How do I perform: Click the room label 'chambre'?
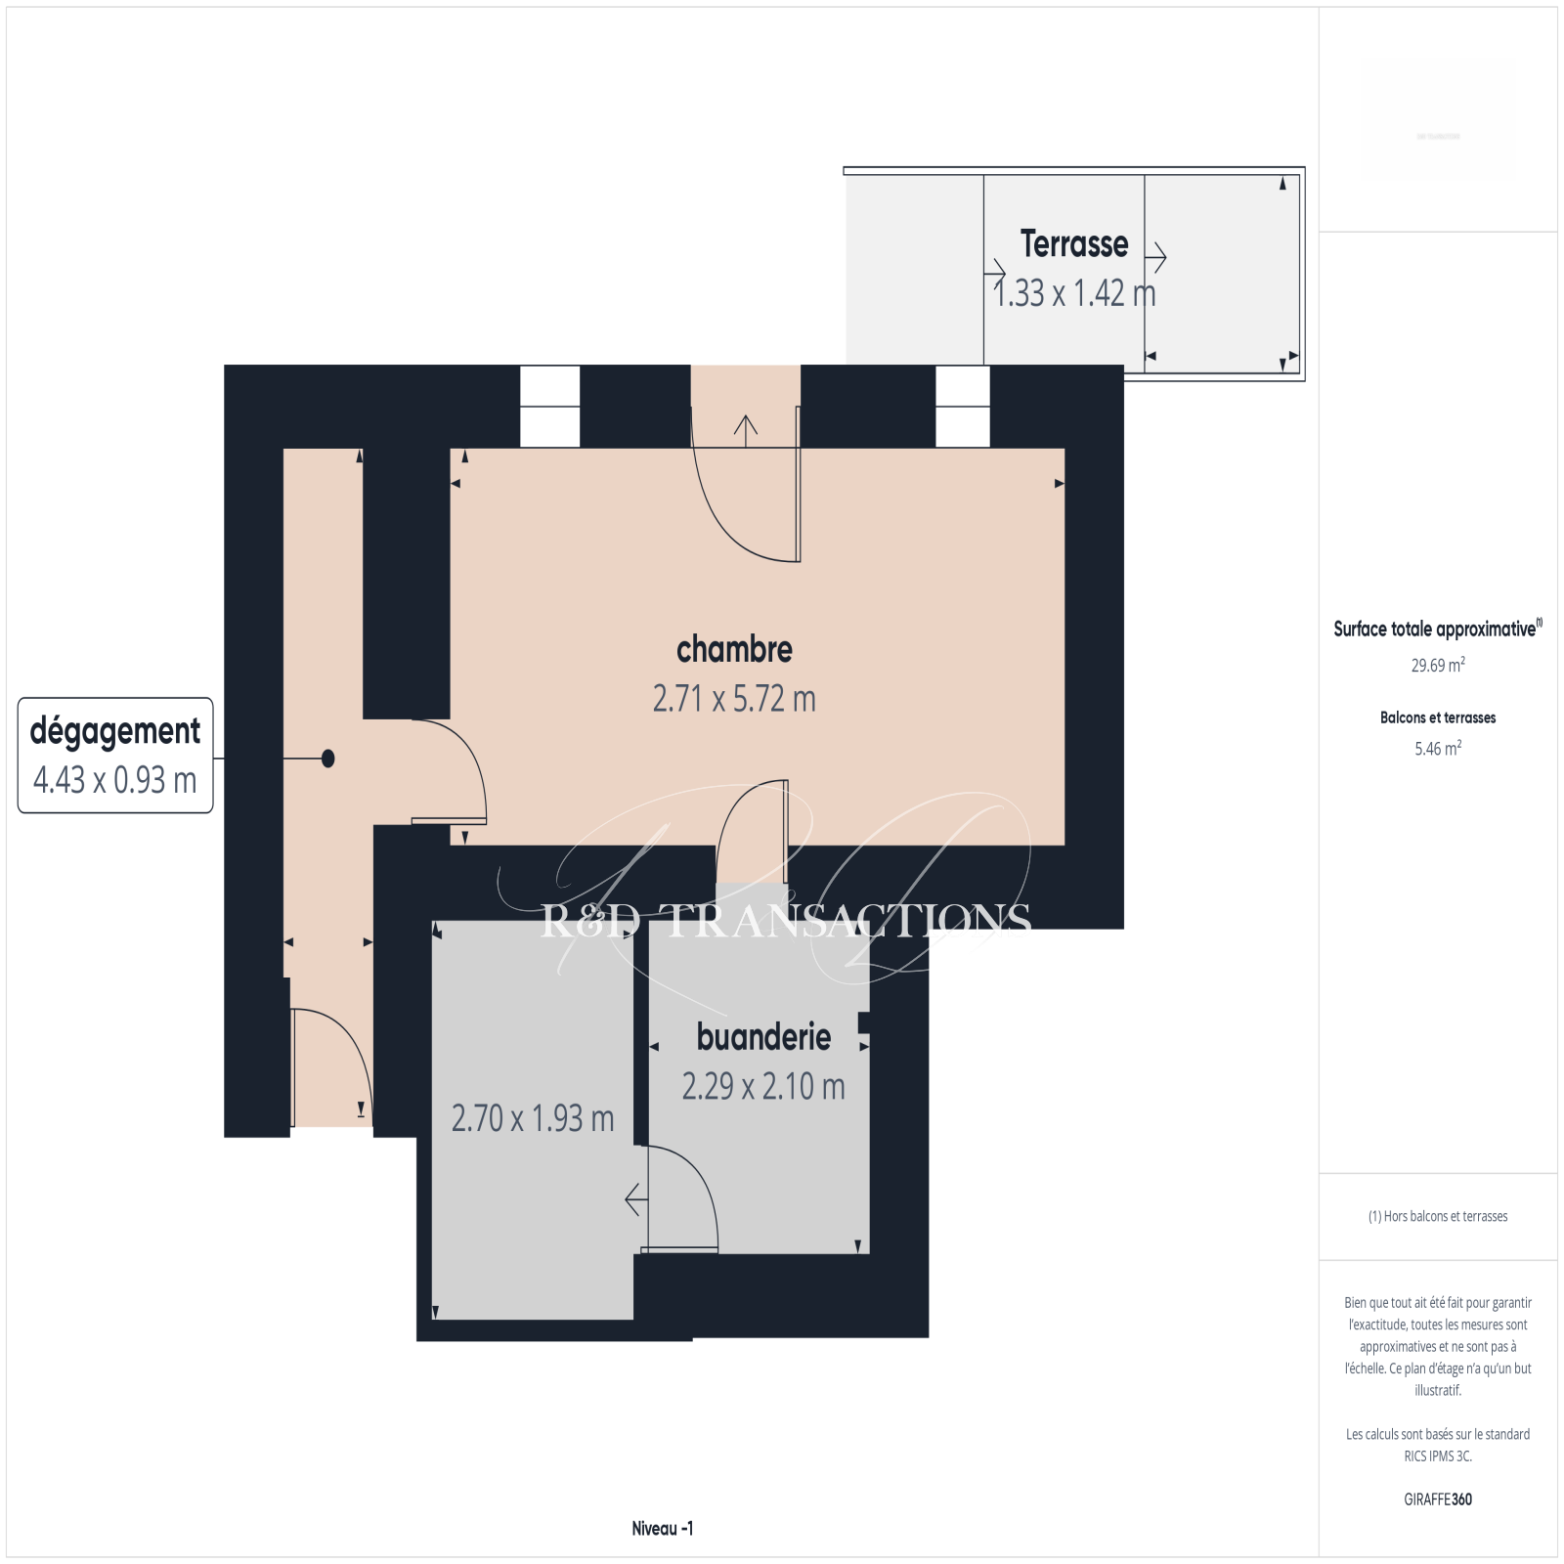[734, 649]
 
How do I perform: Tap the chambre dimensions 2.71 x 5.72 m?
[734, 699]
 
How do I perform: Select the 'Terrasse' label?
[1074, 243]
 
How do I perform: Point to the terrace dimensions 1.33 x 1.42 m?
[1074, 292]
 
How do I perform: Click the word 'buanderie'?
[763, 1036]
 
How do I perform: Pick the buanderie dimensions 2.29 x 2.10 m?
[763, 1086]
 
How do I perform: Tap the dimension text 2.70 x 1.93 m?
[533, 1118]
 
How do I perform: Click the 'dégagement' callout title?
[115, 731]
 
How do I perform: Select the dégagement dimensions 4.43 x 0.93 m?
[115, 780]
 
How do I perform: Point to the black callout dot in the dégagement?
[328, 759]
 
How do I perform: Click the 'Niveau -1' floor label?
[663, 1529]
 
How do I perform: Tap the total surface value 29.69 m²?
[1438, 665]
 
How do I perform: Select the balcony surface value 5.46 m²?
[1438, 748]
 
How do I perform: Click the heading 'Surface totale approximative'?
[1438, 629]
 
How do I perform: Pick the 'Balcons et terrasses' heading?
[1438, 717]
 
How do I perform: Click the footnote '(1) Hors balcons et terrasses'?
[1438, 1216]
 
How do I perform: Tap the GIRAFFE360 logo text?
[1438, 1499]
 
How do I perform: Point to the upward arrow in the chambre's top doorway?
[746, 431]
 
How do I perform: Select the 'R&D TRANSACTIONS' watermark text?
[786, 920]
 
